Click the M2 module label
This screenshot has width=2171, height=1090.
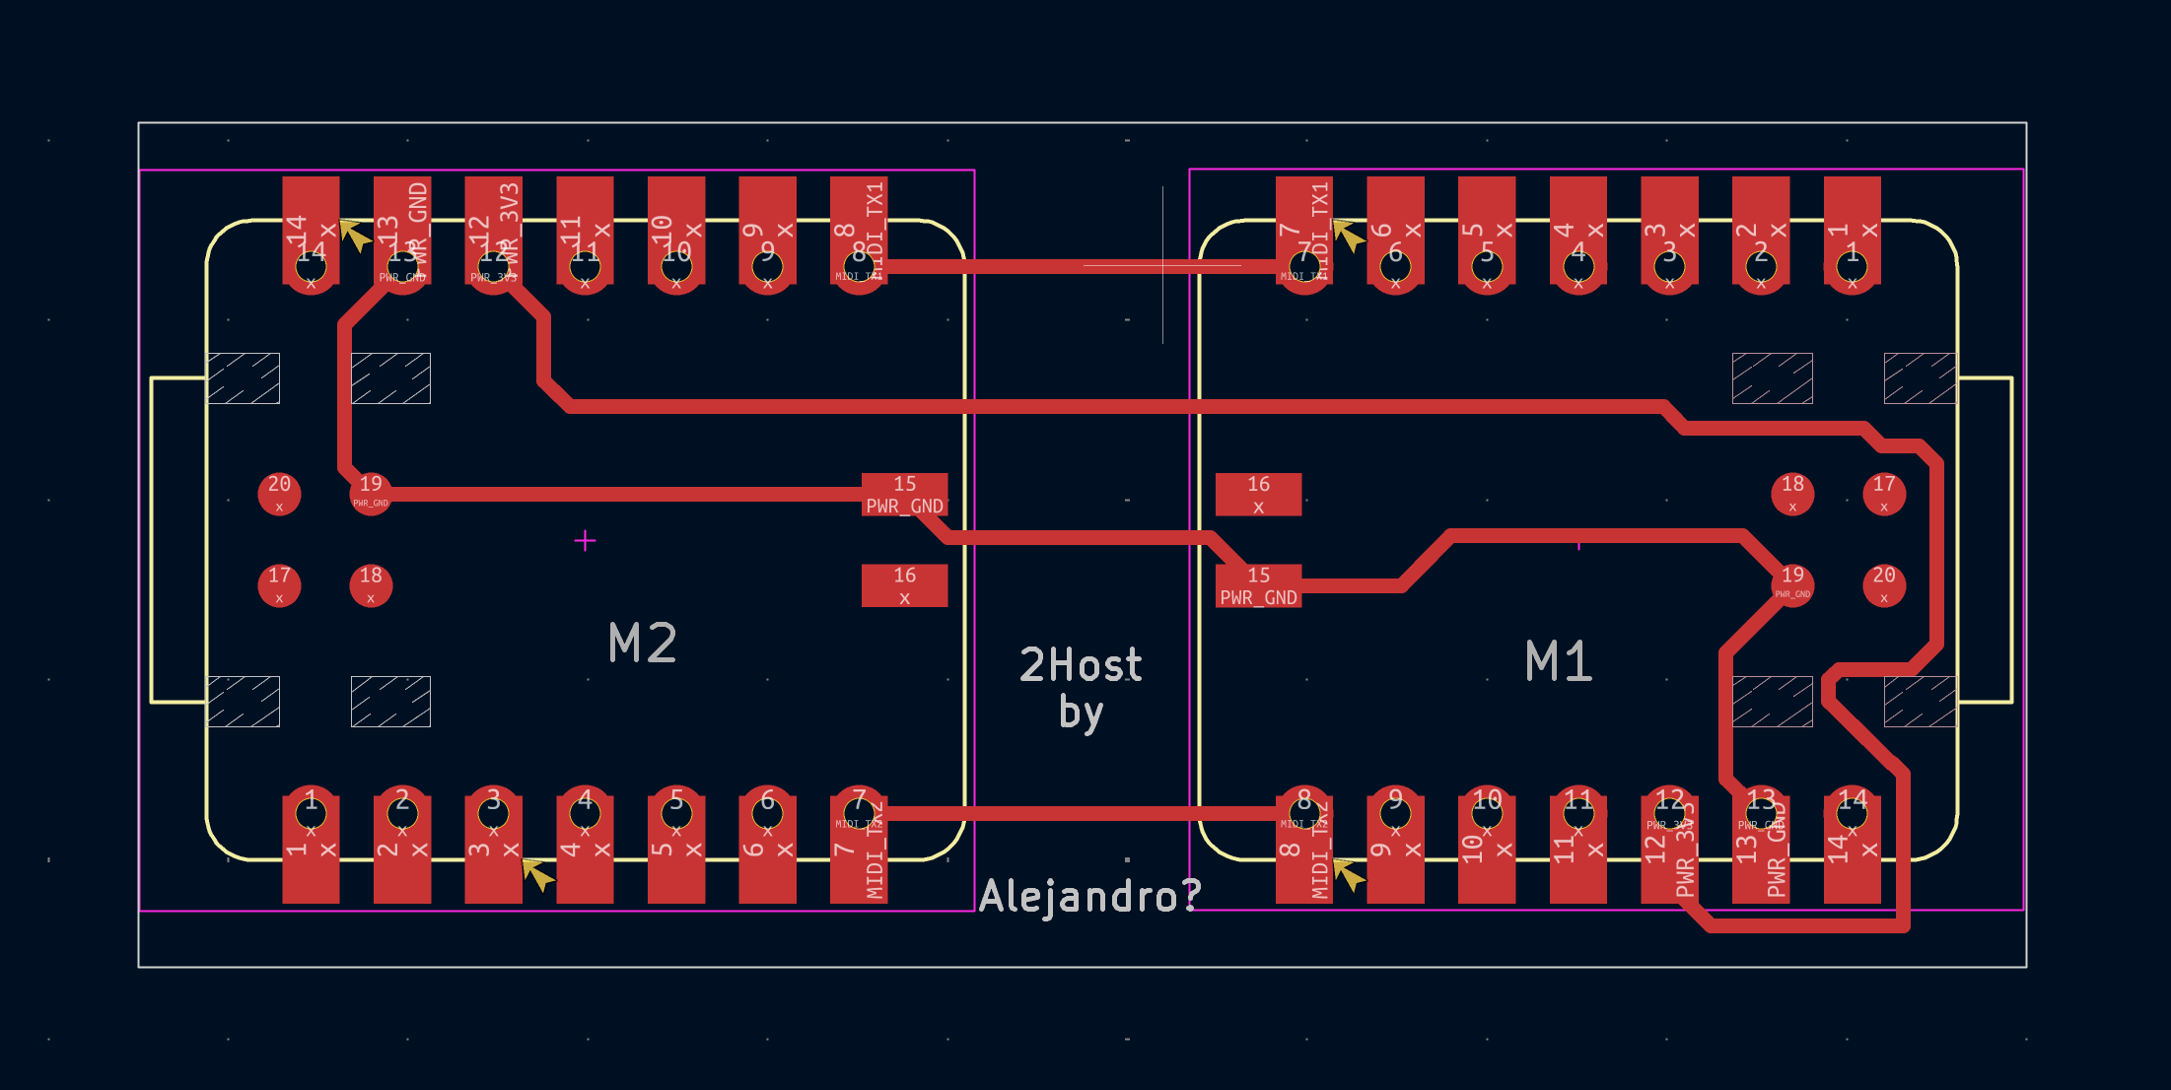643,644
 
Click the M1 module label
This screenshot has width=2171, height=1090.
1558,661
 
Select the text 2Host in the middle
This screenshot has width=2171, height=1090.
1081,665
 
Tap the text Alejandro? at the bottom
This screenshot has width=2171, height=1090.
1089,896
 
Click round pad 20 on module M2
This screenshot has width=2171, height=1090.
279,493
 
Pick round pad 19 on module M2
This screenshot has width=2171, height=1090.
371,493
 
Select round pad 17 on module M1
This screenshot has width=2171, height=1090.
1883,493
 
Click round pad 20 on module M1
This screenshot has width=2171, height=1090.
1883,584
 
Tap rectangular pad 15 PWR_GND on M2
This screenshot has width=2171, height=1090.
904,494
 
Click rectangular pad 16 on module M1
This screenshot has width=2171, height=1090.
1258,494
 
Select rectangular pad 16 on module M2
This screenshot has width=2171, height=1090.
904,585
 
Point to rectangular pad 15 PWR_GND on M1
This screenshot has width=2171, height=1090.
1258,585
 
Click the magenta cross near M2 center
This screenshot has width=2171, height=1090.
585,540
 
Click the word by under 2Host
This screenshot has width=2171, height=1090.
1081,713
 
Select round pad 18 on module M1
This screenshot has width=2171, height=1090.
1792,493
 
